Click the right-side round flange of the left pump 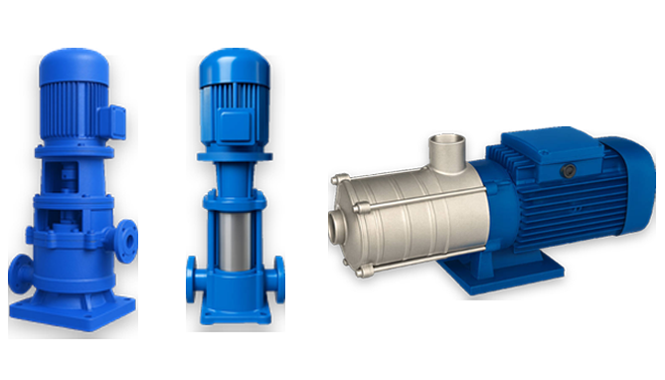coord(127,242)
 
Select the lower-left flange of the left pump coord(22,270)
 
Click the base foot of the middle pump coord(235,309)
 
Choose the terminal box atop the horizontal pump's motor coord(542,148)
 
